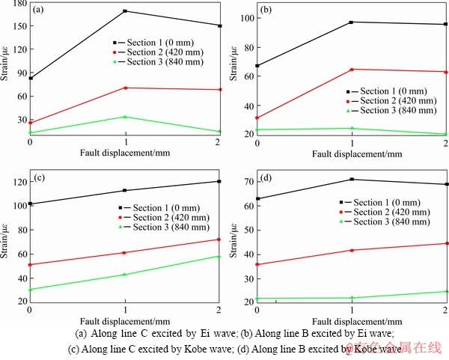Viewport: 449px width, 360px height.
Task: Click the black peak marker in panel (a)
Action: [125, 11]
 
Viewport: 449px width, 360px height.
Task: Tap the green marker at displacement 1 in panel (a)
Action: [125, 117]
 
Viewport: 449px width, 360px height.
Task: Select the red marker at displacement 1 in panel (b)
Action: [352, 70]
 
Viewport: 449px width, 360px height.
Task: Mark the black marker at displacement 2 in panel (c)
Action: [219, 181]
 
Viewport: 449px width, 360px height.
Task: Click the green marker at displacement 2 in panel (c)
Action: [219, 257]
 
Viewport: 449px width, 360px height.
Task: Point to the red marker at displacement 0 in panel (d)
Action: [257, 264]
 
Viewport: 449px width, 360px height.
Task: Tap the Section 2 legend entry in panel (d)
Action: [388, 212]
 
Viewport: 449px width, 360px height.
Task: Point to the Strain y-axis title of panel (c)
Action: [7, 240]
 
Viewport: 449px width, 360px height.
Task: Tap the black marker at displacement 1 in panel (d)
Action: [352, 179]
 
